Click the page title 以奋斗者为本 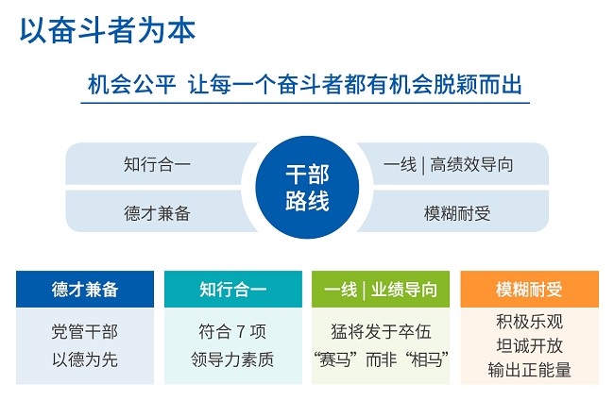[108, 30]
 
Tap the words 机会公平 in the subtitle [131, 84]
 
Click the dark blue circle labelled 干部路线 [307, 188]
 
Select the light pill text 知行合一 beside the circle [157, 164]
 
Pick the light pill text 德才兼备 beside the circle [157, 213]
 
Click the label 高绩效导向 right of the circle [471, 164]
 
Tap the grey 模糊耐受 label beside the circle [457, 213]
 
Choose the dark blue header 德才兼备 [85, 290]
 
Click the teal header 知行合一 [233, 290]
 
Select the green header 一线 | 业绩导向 [381, 290]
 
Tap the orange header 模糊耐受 [529, 290]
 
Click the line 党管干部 [85, 331]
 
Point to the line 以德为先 [85, 358]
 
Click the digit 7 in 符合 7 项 [241, 332]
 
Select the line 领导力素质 [232, 358]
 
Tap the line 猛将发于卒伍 [381, 331]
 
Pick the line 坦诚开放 [529, 345]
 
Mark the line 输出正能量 [529, 370]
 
